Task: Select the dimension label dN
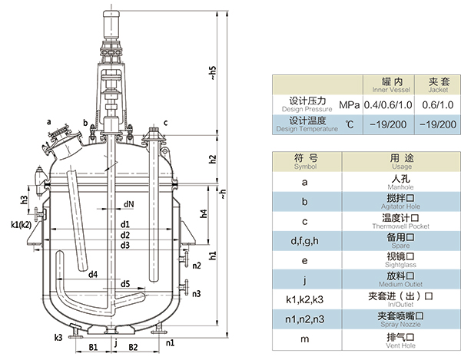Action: [x=128, y=204]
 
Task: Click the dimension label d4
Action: [x=93, y=274]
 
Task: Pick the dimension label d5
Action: [x=124, y=283]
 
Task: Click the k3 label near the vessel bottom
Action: [x=58, y=336]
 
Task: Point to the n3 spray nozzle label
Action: [x=197, y=293]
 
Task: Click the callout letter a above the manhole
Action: [x=48, y=121]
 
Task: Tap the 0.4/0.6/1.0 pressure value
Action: [x=387, y=104]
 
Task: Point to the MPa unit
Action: [x=349, y=104]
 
